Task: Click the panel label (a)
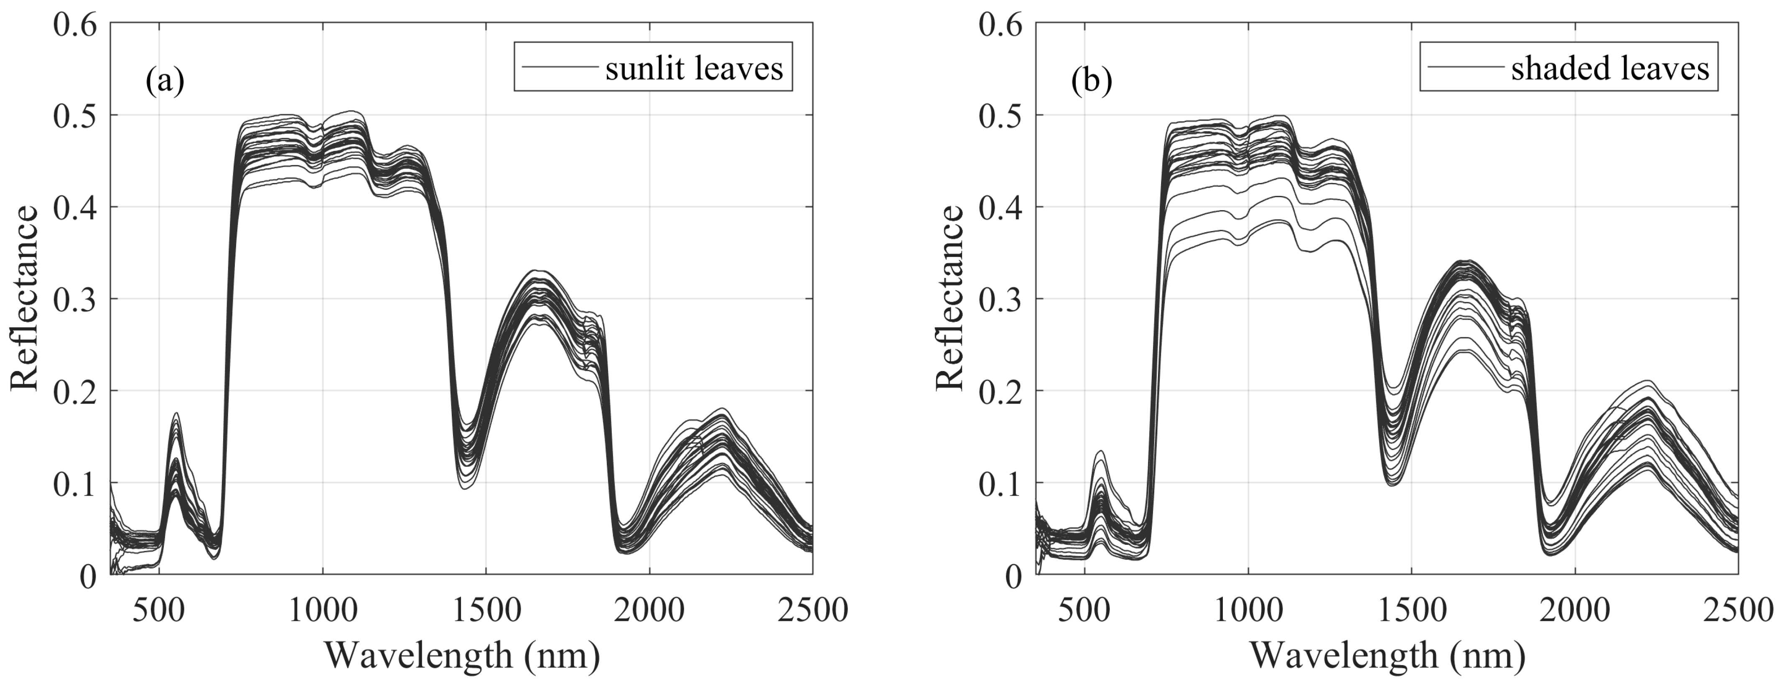(165, 81)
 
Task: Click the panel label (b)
(1091, 81)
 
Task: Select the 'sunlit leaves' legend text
(694, 68)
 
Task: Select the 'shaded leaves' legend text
(1610, 68)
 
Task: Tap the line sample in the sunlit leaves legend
(560, 67)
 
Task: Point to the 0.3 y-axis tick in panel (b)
(1000, 299)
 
